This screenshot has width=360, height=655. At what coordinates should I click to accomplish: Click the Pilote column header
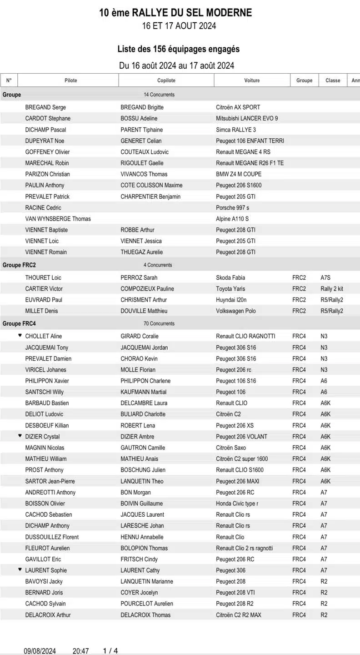(70, 81)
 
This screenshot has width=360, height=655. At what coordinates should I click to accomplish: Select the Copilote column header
(166, 81)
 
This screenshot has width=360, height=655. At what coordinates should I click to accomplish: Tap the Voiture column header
(252, 81)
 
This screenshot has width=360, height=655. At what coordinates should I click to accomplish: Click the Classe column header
(333, 81)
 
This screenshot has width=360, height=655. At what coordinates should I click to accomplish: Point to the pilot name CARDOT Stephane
(48, 118)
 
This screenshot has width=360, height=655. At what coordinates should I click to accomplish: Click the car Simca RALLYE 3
(236, 130)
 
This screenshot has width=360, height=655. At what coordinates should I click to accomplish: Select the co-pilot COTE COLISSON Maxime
(151, 185)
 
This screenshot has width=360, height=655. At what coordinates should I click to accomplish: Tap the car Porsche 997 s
(232, 207)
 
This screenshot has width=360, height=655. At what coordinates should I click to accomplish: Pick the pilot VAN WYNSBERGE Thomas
(58, 219)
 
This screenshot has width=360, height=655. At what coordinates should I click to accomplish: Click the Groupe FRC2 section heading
(19, 265)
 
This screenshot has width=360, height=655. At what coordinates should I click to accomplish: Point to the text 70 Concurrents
(159, 324)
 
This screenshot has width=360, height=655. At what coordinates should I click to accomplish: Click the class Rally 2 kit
(332, 289)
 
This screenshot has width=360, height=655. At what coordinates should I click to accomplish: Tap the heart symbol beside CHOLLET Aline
(20, 336)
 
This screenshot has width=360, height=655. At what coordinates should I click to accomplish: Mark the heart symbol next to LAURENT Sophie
(20, 569)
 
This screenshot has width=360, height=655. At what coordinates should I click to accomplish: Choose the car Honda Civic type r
(237, 504)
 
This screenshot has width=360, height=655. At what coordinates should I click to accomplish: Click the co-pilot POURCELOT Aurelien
(147, 604)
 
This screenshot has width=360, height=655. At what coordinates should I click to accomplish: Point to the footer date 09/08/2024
(40, 651)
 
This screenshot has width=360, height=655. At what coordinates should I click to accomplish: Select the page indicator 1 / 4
(110, 651)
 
